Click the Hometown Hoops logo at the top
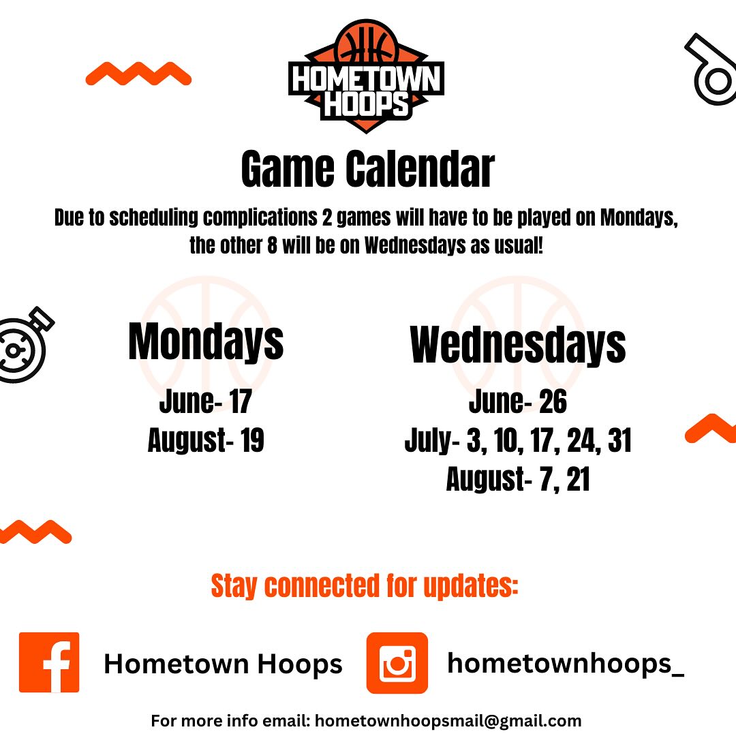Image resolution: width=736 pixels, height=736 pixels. (x=366, y=76)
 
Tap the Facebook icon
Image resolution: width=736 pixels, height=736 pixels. (x=49, y=662)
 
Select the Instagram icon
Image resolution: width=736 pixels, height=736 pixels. (x=397, y=663)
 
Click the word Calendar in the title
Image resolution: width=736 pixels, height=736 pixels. (x=420, y=169)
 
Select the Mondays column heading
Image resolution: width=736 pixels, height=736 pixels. (x=206, y=341)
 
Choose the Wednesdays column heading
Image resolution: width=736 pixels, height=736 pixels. (x=518, y=345)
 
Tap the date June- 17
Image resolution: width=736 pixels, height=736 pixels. (x=206, y=402)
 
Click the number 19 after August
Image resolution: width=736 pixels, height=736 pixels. (x=252, y=440)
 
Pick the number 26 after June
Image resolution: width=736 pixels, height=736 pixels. (x=553, y=402)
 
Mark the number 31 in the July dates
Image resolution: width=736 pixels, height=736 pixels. (x=619, y=440)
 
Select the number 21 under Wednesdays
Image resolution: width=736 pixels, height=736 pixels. (x=578, y=479)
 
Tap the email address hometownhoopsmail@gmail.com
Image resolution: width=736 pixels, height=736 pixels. (x=448, y=720)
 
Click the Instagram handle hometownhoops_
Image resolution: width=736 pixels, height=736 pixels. (x=566, y=664)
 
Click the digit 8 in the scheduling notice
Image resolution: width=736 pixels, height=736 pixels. (x=272, y=245)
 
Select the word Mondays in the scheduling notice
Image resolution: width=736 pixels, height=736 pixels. (x=639, y=218)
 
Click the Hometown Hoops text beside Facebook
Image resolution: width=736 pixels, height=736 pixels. (x=223, y=664)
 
